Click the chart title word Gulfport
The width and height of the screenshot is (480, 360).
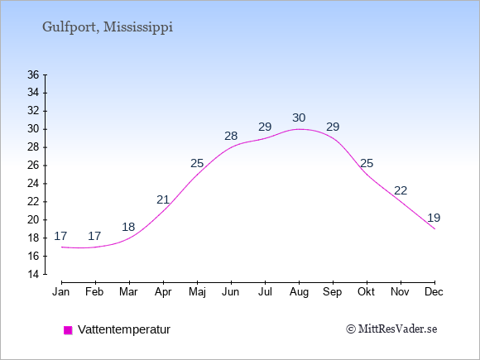tap(70, 27)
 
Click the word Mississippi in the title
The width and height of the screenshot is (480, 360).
tap(138, 27)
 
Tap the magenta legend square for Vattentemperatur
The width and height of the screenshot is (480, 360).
tap(68, 330)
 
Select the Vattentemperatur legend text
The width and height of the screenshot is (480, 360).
tap(124, 329)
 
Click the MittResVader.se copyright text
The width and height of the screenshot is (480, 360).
tap(391, 329)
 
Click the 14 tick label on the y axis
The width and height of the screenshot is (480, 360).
tap(33, 274)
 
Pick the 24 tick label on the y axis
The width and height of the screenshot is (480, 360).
tap(33, 184)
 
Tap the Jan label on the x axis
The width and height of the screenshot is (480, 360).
tap(61, 292)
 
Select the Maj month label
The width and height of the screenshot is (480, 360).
tap(197, 292)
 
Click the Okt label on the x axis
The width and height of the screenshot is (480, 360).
tap(366, 292)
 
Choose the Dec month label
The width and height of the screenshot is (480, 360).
tap(434, 292)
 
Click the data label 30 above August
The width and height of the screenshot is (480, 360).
tap(299, 118)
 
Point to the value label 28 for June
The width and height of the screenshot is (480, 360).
tap(231, 136)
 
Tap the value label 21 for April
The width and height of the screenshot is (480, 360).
tap(163, 200)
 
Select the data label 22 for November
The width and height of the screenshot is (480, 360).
tap(401, 190)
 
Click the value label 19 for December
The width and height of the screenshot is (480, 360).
tap(434, 218)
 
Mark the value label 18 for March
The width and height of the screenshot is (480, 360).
tap(128, 227)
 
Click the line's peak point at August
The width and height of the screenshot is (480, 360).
tap(299, 129)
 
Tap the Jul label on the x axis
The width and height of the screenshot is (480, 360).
tap(265, 292)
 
